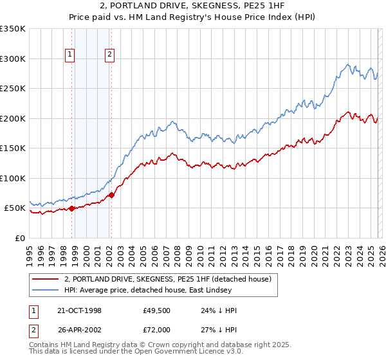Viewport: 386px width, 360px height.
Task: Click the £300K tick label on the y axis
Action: point(13,59)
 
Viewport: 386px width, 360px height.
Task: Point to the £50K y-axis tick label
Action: point(15,208)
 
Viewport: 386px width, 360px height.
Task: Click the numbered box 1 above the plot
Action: point(69,55)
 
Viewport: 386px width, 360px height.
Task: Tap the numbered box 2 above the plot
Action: point(110,55)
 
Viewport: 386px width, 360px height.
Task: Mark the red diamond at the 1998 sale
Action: point(72,208)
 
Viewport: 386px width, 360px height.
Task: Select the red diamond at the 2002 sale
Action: point(111,195)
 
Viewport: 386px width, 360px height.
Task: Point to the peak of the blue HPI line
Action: point(348,64)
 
